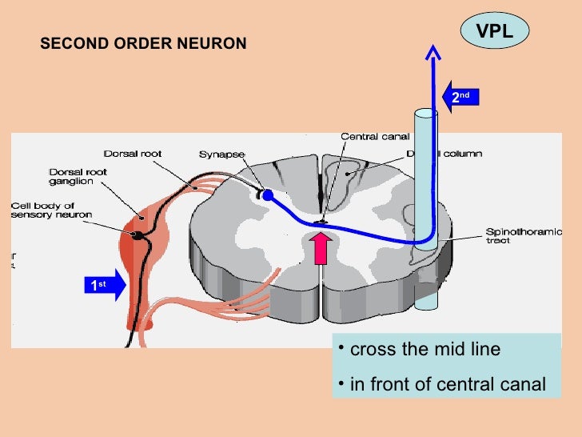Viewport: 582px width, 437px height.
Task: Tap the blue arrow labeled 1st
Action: [x=103, y=285]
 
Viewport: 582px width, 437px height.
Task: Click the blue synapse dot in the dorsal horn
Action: [x=268, y=194]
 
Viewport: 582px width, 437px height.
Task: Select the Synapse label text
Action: [x=221, y=154]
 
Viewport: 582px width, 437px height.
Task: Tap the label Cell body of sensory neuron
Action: [x=51, y=210]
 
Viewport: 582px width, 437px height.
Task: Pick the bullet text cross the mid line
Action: [x=425, y=349]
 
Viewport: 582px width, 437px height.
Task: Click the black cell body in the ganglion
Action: [x=138, y=235]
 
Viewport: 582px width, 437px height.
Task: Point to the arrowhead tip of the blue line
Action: [x=433, y=50]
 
